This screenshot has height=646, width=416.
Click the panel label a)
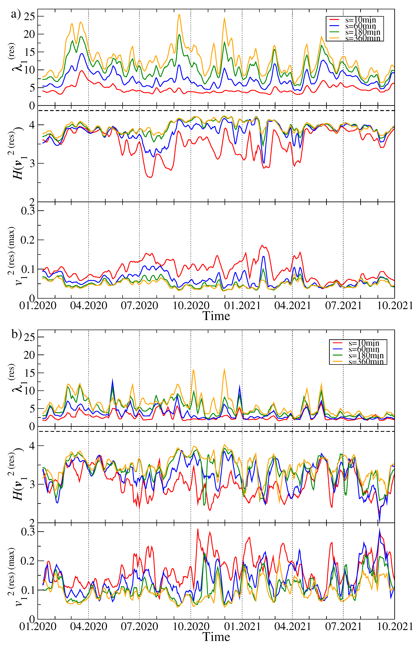click(x=16, y=14)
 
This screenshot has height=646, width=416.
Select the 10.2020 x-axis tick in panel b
click(x=191, y=626)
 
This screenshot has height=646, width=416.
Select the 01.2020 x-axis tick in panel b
click(x=38, y=626)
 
